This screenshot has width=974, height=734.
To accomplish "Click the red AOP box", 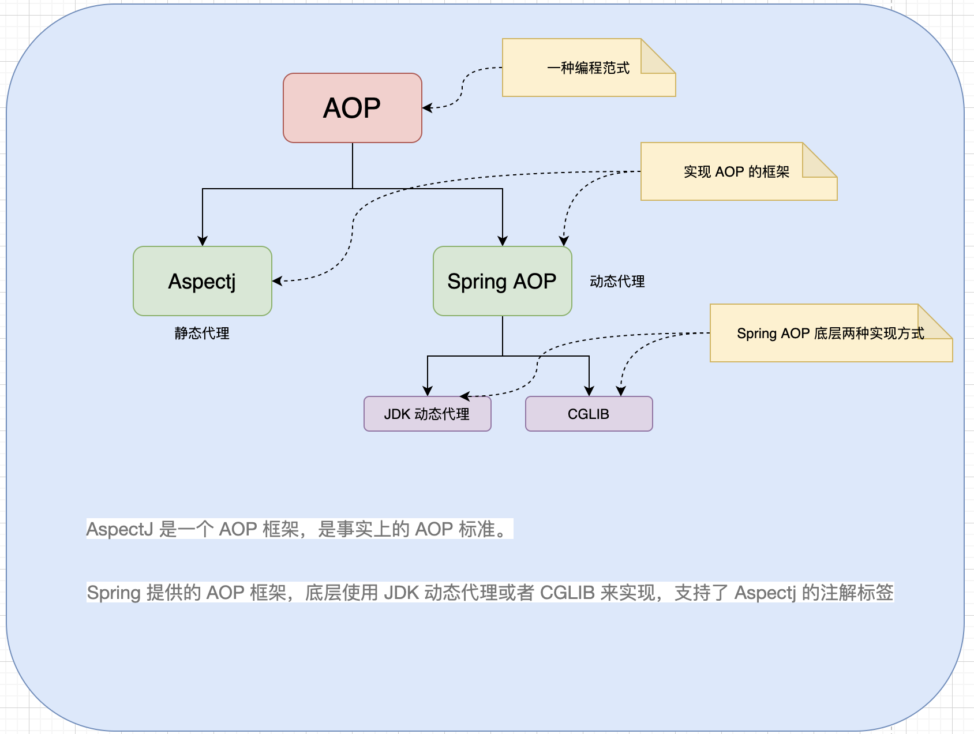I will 352,108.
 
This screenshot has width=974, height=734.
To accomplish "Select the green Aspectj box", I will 202,281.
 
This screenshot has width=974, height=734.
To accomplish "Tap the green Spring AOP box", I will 502,281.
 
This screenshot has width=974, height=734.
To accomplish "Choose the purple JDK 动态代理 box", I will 427,414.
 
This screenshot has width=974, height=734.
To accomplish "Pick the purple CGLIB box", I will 589,414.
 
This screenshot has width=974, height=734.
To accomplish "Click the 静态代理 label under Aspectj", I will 202,334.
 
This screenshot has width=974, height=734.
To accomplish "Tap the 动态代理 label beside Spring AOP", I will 617,282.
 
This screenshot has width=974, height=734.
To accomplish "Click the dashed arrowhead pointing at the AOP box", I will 427,108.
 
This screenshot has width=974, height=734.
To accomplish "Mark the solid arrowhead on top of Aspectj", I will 203,241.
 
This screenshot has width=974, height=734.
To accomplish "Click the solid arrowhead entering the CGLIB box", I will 589,391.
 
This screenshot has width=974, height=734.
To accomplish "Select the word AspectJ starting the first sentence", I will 119,529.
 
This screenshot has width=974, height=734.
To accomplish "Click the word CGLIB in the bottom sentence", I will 567,593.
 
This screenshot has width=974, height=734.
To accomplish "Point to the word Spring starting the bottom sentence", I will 114,593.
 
